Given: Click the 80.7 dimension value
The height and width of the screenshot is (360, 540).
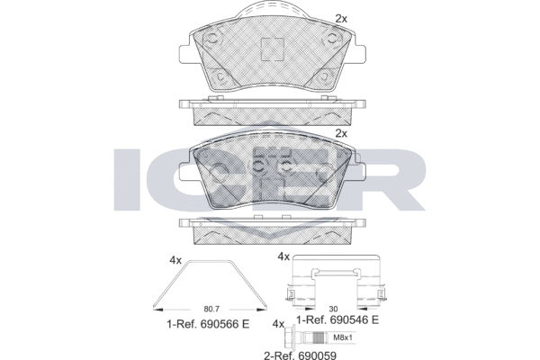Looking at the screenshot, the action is click(x=211, y=309).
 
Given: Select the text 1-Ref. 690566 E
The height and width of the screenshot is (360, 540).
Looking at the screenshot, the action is click(x=208, y=324).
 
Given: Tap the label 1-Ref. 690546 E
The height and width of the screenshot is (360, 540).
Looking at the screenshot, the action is click(x=337, y=320).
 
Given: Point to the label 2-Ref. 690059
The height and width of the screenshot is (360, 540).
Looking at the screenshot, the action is click(x=300, y=355).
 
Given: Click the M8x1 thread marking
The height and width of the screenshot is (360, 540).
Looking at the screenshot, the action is click(x=343, y=337).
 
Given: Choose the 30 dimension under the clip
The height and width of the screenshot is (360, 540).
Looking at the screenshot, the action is click(x=333, y=309).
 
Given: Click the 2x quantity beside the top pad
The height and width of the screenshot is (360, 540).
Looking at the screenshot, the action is click(x=341, y=19).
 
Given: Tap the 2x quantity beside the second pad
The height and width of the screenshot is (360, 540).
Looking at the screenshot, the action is click(x=341, y=133).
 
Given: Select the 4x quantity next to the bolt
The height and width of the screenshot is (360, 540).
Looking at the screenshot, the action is click(x=278, y=324).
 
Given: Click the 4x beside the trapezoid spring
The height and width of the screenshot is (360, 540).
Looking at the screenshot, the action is click(x=175, y=260).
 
